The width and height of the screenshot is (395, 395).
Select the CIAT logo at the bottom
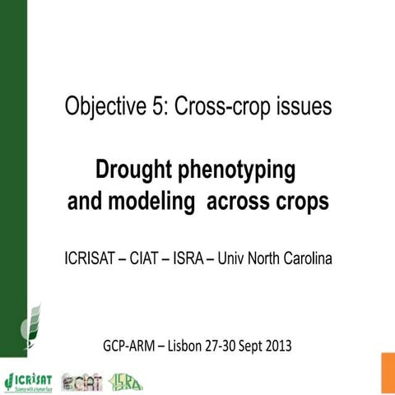pyautogui.click(x=83, y=381)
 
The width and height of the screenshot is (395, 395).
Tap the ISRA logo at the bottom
pyautogui.click(x=128, y=380)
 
